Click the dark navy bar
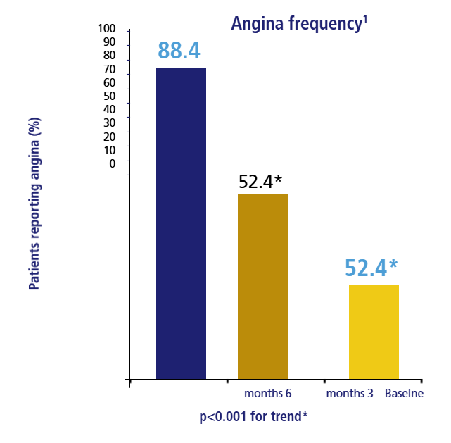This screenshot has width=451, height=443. click(x=181, y=223)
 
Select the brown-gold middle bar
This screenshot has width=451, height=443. click(x=262, y=285)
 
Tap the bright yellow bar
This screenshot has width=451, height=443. click(x=374, y=332)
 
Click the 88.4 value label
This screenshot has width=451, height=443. click(x=179, y=51)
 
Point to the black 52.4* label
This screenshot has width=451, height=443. click(x=260, y=182)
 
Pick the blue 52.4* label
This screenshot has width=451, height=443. click(x=371, y=268)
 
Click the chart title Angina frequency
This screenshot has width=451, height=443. click(x=296, y=24)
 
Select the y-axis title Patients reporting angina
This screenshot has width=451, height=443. click(x=33, y=204)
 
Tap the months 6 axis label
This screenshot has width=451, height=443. click(x=268, y=393)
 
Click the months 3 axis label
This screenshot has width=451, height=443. click(x=350, y=393)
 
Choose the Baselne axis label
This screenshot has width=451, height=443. click(x=404, y=393)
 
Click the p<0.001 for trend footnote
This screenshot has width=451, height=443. click(x=253, y=416)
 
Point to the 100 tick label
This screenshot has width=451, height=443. click(x=106, y=29)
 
